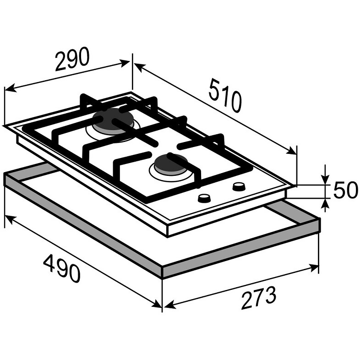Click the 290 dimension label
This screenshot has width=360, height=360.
point(72,59)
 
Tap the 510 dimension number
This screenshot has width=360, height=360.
point(225,96)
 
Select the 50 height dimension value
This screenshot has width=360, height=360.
point(345,190)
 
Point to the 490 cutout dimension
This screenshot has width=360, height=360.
point(62,269)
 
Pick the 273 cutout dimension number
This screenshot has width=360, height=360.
point(259,297)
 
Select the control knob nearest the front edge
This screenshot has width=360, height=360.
point(204,198)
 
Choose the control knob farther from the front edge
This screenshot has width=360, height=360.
point(239,186)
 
